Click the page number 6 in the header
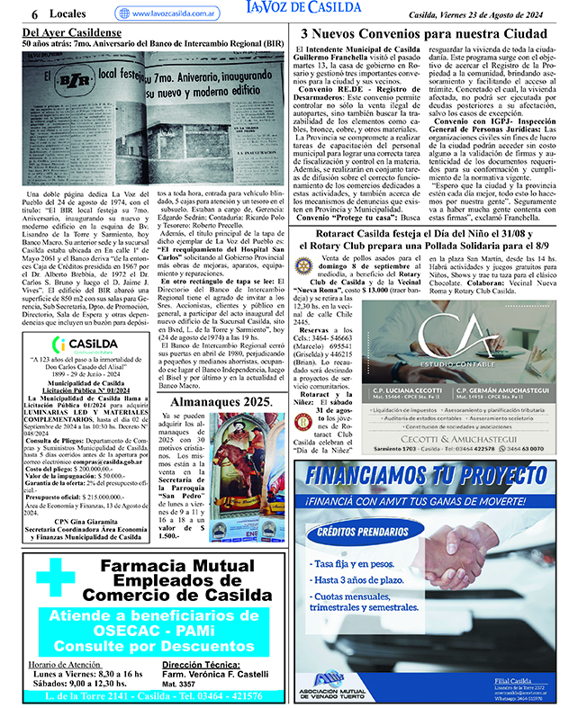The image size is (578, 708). click(x=33, y=13)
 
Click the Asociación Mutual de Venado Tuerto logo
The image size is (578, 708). click(x=332, y=684)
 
